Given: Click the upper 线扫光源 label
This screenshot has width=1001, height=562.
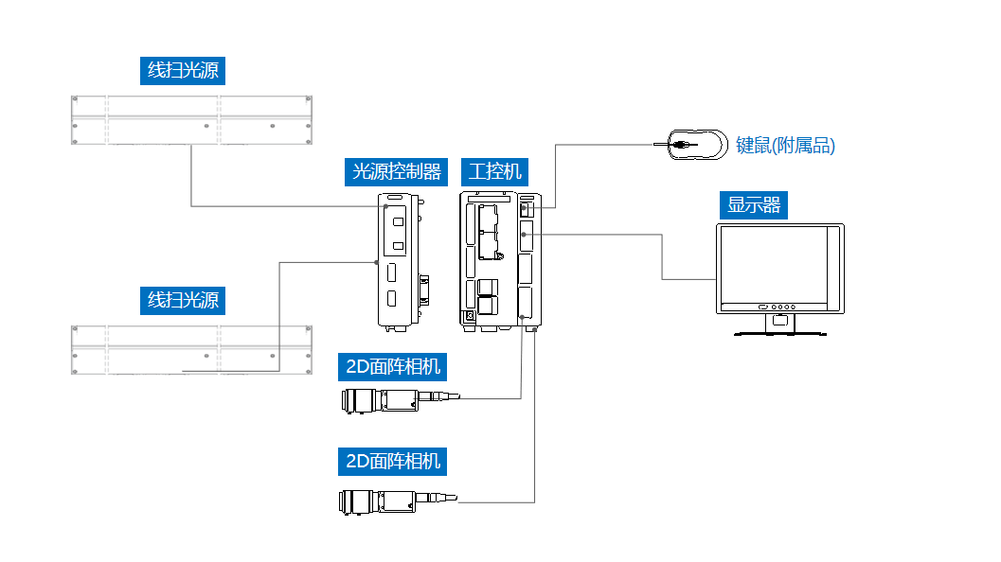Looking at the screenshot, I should (187, 71).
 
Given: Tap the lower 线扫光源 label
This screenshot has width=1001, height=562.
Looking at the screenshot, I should (183, 301).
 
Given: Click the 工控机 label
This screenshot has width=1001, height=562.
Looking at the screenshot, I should (495, 171).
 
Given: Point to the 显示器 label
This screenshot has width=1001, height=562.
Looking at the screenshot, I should (754, 204).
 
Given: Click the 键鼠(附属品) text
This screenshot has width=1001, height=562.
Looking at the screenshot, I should (785, 146).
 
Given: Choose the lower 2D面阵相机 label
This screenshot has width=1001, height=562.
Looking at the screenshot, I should (392, 462).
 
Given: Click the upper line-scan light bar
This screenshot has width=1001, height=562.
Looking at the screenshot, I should (192, 119).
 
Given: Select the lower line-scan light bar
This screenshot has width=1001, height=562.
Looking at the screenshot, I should (192, 349).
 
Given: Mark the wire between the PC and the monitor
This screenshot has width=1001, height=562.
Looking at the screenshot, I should (661, 255).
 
